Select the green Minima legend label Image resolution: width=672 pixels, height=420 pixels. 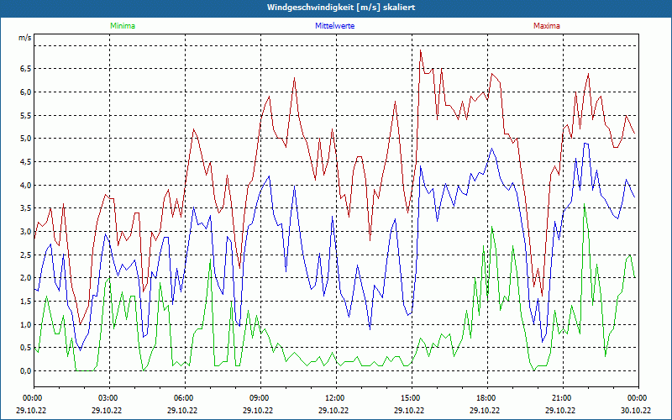(x=122, y=26)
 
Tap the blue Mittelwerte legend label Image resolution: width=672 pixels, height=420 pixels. (x=334, y=26)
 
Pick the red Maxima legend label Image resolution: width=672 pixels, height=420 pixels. (x=547, y=26)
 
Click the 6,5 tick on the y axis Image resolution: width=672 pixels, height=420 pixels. (x=24, y=69)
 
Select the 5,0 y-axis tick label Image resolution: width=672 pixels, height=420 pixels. (x=24, y=139)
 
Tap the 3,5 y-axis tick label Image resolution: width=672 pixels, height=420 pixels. (x=24, y=208)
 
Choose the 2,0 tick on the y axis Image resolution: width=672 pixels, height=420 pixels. (x=24, y=278)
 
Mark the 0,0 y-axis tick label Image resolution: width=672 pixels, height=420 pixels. (x=24, y=370)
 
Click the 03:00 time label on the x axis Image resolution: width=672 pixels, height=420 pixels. (x=108, y=397)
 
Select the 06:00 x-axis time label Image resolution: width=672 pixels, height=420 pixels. (x=184, y=397)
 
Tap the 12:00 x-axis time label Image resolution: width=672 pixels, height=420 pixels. (x=335, y=397)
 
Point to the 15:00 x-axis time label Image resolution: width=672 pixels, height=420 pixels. (x=411, y=397)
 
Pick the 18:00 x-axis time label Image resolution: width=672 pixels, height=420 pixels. (x=486, y=397)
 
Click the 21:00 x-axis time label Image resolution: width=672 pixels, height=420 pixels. (x=562, y=397)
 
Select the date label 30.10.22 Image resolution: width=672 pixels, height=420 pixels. (x=636, y=411)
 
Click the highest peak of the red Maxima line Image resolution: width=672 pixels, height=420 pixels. (x=421, y=50)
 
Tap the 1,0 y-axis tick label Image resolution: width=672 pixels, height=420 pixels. (x=24, y=324)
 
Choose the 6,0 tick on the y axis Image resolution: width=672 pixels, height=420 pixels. (x=24, y=92)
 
